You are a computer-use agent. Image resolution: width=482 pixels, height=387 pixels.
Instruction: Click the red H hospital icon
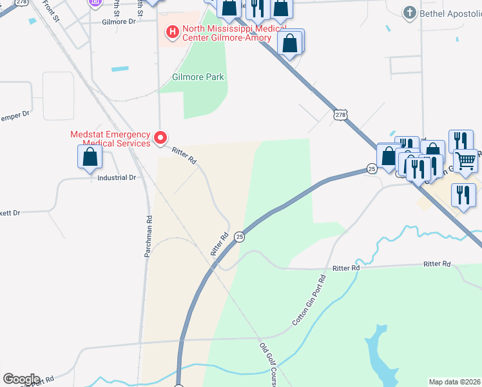pyautogui.click(x=172, y=30)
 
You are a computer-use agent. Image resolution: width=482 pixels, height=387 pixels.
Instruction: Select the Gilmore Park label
pyautogui.click(x=198, y=77)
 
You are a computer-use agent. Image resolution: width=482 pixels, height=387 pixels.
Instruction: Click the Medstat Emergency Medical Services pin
pyautogui.click(x=160, y=137)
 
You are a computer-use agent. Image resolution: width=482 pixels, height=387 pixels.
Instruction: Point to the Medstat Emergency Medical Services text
pyautogui.click(x=110, y=139)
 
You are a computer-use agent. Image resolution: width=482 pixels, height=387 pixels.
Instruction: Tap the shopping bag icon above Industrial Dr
pyautogui.click(x=90, y=157)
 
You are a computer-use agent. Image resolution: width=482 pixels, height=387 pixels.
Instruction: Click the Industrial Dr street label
pyautogui.click(x=117, y=177)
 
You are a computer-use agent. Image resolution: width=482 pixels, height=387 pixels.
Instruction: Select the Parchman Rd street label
pyautogui.click(x=148, y=236)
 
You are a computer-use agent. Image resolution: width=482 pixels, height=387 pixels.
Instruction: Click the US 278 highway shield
pyautogui.click(x=340, y=115)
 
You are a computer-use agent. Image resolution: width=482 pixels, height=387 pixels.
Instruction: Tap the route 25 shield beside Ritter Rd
pyautogui.click(x=239, y=236)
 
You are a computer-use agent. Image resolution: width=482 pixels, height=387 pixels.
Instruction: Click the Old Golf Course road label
pyautogui.click(x=272, y=364)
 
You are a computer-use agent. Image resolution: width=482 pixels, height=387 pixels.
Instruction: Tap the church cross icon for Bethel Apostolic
pyautogui.click(x=409, y=12)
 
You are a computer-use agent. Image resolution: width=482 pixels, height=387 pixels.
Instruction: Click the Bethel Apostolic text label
pyautogui.click(x=450, y=13)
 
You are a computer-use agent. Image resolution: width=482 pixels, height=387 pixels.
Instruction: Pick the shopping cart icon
pyautogui.click(x=465, y=160)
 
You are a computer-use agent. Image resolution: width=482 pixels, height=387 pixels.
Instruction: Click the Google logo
pyautogui.click(x=21, y=379)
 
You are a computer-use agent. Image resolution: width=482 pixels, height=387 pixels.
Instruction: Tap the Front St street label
pyautogui.click(x=50, y=13)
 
